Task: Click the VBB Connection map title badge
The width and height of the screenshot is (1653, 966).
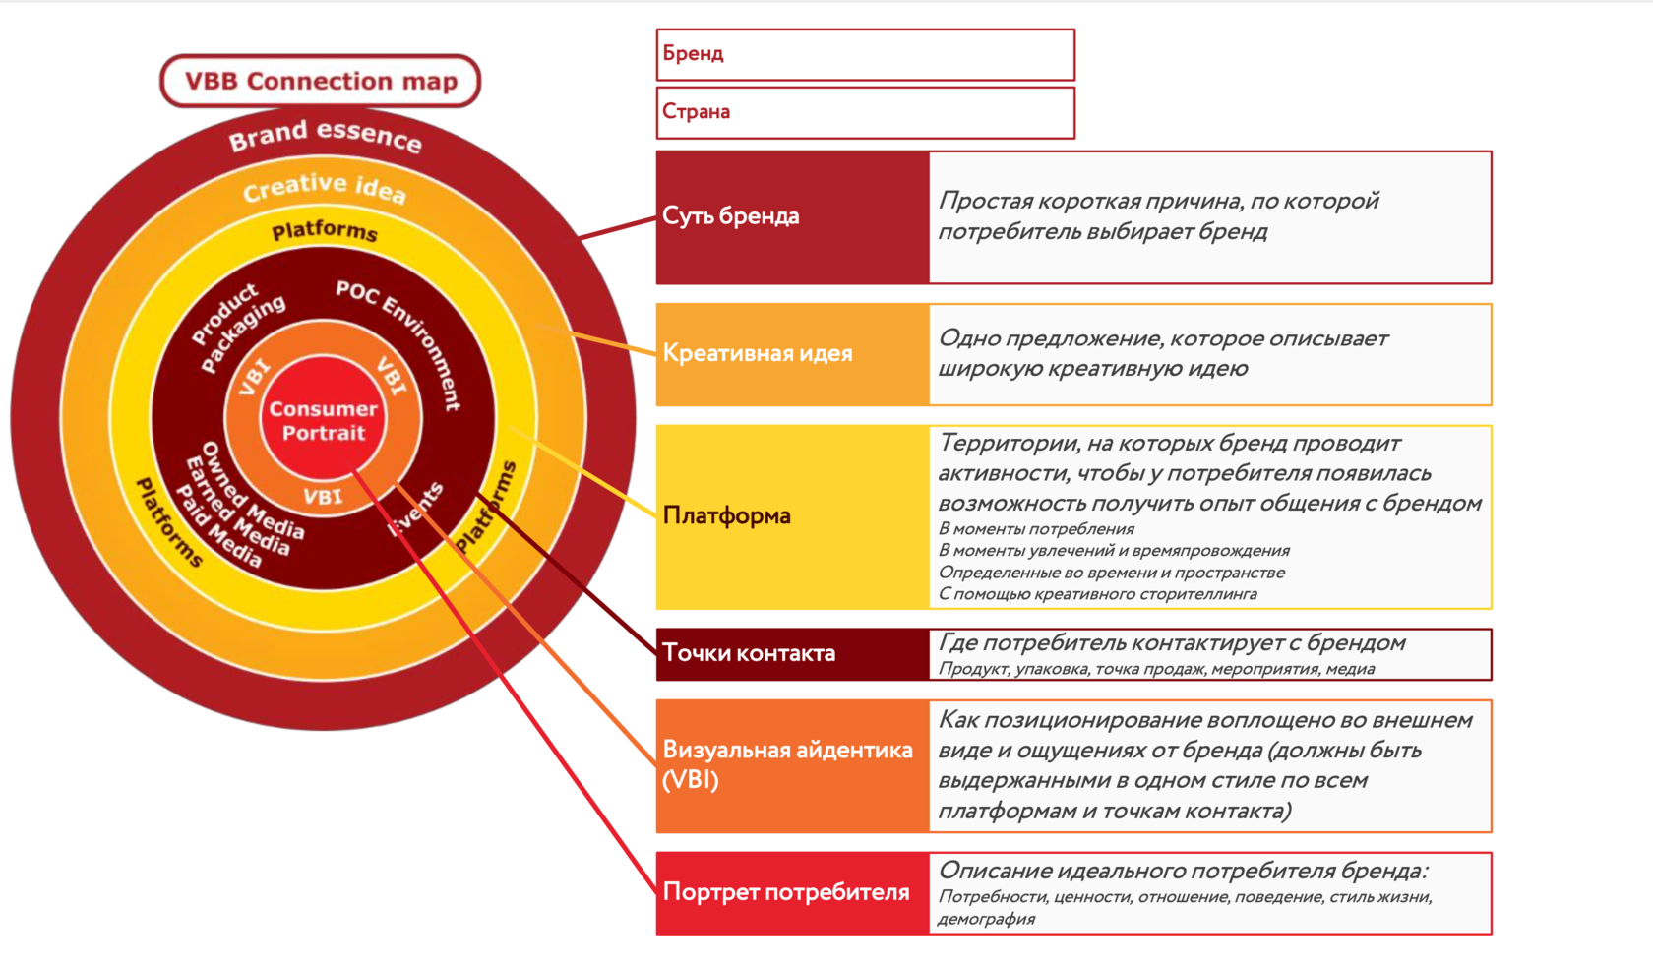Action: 320,81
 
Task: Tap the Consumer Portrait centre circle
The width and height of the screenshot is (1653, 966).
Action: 323,420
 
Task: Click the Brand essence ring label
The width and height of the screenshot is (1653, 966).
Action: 326,136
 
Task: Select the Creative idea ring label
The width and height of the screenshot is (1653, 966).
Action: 325,187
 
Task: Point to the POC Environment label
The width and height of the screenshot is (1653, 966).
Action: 399,340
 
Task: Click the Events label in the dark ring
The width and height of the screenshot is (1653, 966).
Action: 416,509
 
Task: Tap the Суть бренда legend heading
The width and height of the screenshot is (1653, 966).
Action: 731,216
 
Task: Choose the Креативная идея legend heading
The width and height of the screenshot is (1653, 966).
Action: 758,353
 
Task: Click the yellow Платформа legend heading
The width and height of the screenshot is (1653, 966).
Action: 727,515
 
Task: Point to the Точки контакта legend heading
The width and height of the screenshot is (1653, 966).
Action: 749,653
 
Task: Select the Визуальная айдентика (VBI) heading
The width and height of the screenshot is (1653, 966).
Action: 787,764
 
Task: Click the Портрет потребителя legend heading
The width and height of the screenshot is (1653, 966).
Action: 786,892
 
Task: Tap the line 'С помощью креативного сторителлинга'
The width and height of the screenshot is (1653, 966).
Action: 1097,593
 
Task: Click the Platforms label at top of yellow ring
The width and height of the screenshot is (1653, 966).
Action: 325,231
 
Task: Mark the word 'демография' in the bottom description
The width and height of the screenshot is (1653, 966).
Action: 986,919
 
